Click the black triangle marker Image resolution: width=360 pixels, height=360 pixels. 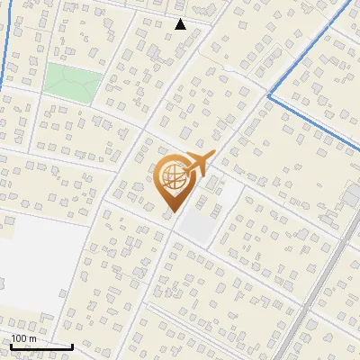coord(180,24)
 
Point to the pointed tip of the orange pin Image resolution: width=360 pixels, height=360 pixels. coord(171,211)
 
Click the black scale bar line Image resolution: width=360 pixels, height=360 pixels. coord(40,346)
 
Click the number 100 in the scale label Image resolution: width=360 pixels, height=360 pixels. coord(20,339)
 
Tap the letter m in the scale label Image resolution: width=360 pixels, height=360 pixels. coord(32,339)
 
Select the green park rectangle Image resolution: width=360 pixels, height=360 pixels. coord(72,82)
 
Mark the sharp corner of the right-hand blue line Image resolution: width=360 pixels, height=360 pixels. coord(269,94)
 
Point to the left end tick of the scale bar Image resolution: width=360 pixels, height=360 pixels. coord(11,345)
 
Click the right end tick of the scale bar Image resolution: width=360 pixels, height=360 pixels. coord(72,345)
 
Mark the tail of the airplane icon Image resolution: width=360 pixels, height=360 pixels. coord(184,170)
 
